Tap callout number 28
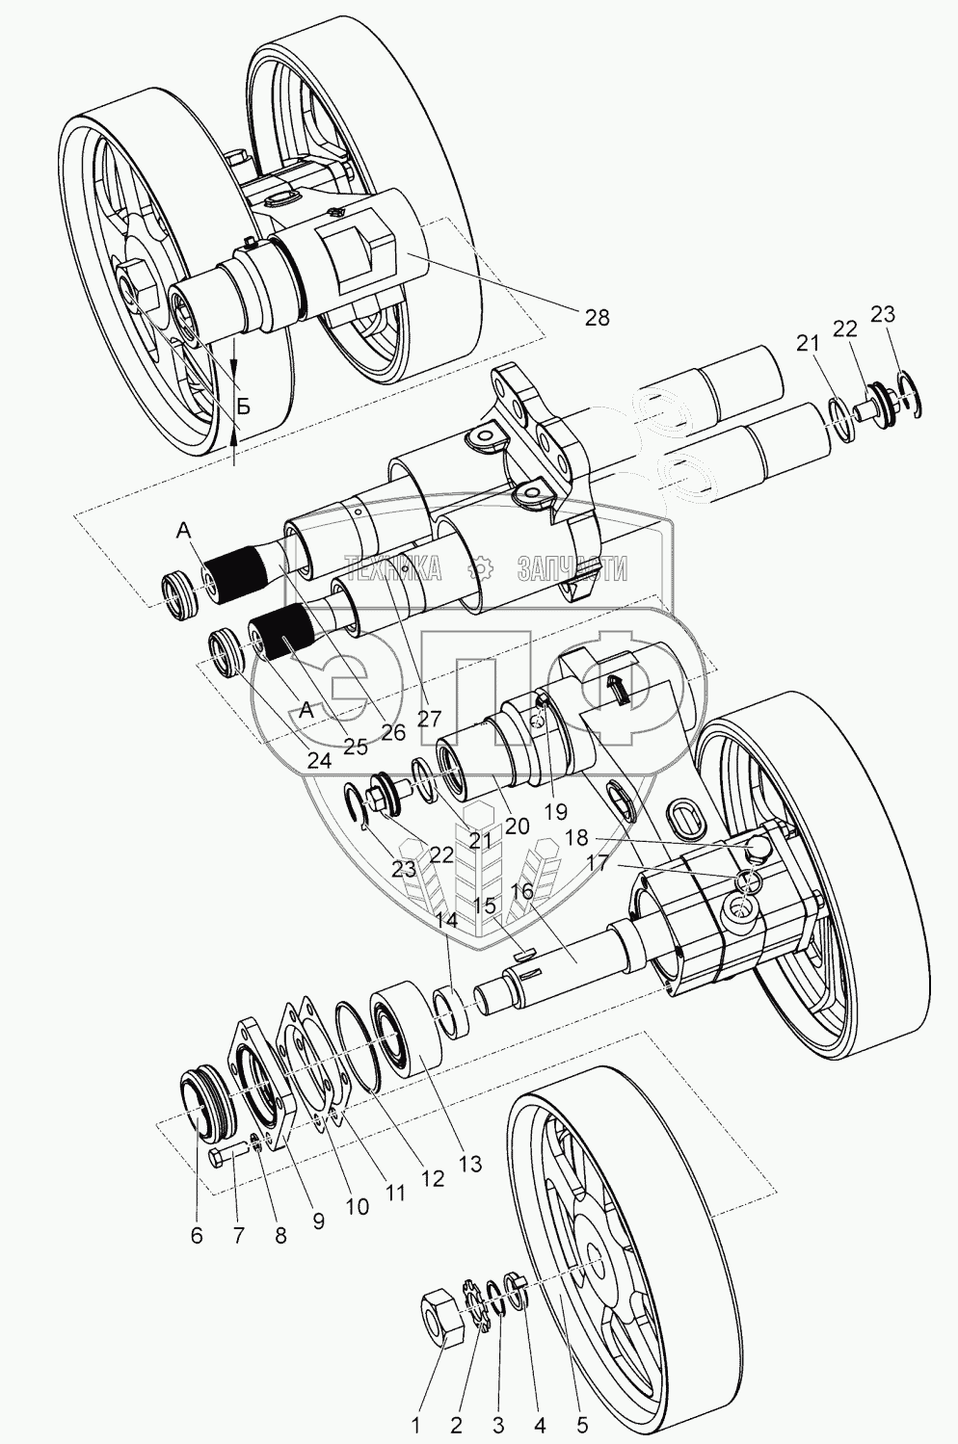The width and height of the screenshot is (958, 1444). point(598,317)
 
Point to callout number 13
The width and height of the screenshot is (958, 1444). point(468,1165)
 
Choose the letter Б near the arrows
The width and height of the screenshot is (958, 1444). point(244,407)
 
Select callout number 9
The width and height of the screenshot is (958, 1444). point(317,1221)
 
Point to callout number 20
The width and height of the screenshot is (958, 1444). point(517,826)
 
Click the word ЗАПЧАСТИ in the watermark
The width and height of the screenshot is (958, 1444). point(572,569)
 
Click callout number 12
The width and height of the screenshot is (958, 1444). point(433,1177)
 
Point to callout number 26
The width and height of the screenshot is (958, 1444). point(392,733)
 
